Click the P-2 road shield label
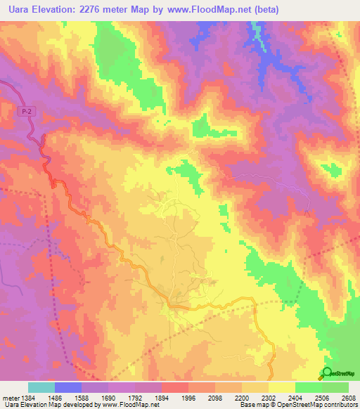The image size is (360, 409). click(27, 111)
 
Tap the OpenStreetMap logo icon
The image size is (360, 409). click(328, 373)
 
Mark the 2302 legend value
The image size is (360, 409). click(268, 398)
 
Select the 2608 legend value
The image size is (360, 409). click(347, 398)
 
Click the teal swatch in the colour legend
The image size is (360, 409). click(41, 387)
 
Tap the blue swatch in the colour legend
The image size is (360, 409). click(68, 387)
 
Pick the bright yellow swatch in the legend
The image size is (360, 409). click(281, 387)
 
